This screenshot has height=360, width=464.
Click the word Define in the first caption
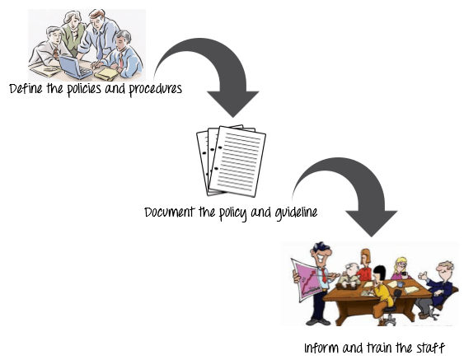(26, 88)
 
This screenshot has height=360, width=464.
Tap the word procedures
(156, 90)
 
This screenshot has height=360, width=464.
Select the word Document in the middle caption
(170, 212)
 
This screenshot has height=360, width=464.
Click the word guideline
(296, 213)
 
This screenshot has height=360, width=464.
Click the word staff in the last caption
(431, 348)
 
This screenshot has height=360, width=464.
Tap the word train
(380, 348)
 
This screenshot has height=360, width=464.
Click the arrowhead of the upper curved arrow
(233, 104)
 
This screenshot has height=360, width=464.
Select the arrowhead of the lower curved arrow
(372, 223)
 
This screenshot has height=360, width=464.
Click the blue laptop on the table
(75, 68)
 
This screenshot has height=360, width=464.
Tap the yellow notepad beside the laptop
(106, 74)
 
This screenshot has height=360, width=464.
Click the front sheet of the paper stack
(237, 161)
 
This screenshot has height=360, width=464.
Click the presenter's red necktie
(325, 276)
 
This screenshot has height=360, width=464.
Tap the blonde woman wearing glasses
(401, 269)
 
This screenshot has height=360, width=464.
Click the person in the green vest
(73, 32)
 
